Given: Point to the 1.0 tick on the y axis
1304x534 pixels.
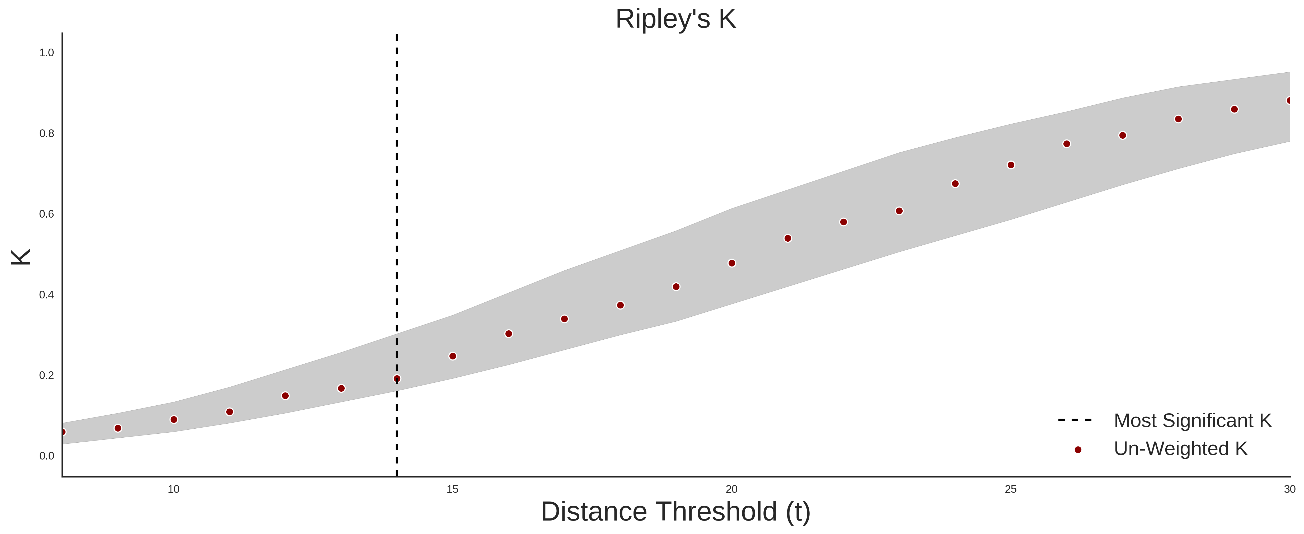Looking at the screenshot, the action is click(46, 53).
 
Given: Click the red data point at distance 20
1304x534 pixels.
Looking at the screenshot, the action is click(731, 263).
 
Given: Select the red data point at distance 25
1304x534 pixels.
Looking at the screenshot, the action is click(1011, 165).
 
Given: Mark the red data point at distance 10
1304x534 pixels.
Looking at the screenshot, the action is click(174, 420).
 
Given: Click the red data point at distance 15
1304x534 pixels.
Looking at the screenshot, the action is click(453, 356).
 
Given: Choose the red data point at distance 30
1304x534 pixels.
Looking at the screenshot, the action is click(1289, 101).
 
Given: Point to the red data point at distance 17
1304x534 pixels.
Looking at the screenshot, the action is click(564, 319).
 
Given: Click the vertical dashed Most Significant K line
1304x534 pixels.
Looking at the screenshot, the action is click(397, 256).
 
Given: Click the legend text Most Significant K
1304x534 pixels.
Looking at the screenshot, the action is click(1193, 421).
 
